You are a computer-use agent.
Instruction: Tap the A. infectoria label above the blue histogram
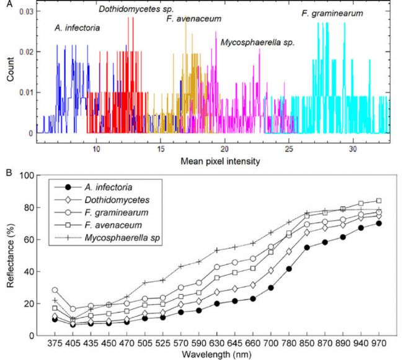77,27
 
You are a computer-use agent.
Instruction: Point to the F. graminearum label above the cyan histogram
332,12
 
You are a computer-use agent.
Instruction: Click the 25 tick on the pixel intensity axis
289,144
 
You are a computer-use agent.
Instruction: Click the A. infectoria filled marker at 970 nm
378,223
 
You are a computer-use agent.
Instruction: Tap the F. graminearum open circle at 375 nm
55,290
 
